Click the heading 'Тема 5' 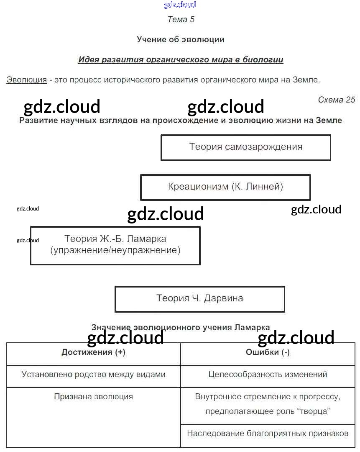(181, 19)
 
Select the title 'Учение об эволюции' (181, 40)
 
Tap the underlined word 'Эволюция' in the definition (26, 80)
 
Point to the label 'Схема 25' (336, 100)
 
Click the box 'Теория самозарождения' (246, 147)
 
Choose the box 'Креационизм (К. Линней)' (225, 187)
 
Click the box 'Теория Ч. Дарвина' (200, 298)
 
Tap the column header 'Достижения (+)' (93, 352)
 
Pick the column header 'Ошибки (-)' (268, 352)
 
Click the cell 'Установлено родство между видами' (93, 375)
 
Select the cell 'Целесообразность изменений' (268, 375)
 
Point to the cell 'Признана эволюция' (93, 397)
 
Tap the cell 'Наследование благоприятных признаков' (268, 434)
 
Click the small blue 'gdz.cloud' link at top (180, 5)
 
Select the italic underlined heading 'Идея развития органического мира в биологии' (181, 60)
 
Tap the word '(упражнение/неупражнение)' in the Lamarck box (115, 251)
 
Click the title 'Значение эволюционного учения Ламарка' (181, 327)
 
